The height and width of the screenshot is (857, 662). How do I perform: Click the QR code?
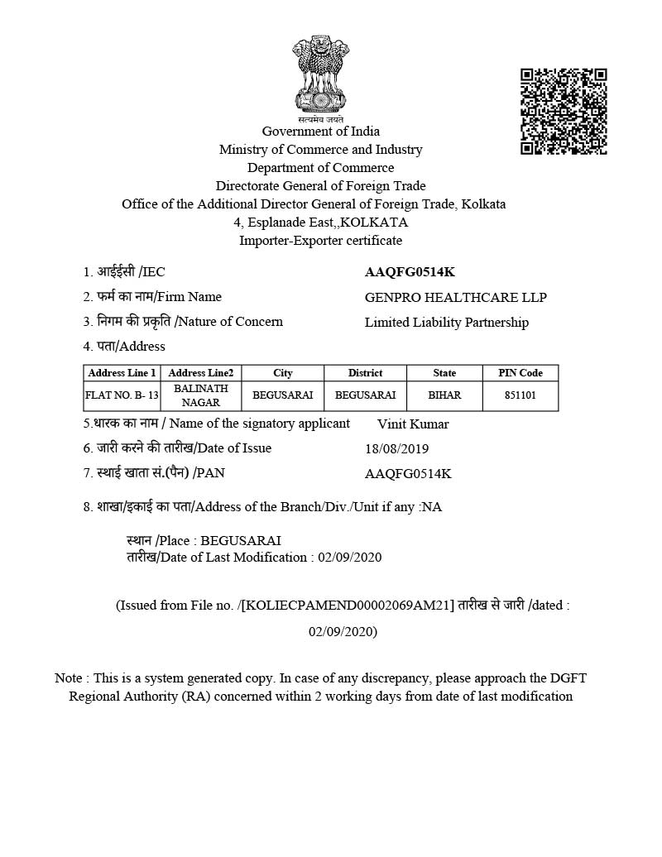tap(564, 111)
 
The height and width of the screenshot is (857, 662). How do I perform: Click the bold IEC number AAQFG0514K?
tap(410, 271)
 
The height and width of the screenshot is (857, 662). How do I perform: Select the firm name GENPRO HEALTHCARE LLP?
tap(455, 297)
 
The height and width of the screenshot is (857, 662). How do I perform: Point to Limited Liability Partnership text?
tap(446, 322)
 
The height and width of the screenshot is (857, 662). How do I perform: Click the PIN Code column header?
tap(520, 373)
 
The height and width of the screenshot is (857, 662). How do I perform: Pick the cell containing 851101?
tap(520, 395)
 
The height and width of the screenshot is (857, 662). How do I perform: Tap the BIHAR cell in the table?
tap(444, 395)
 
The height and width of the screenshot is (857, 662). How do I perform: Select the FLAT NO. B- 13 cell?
tap(122, 395)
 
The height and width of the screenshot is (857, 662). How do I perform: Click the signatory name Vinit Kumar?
tap(413, 424)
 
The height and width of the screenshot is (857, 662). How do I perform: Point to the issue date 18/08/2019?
tap(396, 448)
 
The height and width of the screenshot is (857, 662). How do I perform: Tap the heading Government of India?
tap(321, 131)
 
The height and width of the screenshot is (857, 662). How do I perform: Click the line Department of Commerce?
tap(321, 167)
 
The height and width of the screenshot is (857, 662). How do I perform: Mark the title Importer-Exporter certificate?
tap(321, 240)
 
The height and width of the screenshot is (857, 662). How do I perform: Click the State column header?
tap(444, 373)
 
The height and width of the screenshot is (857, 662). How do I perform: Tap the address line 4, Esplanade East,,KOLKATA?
tap(321, 222)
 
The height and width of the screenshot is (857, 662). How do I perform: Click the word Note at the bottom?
tap(68, 677)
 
